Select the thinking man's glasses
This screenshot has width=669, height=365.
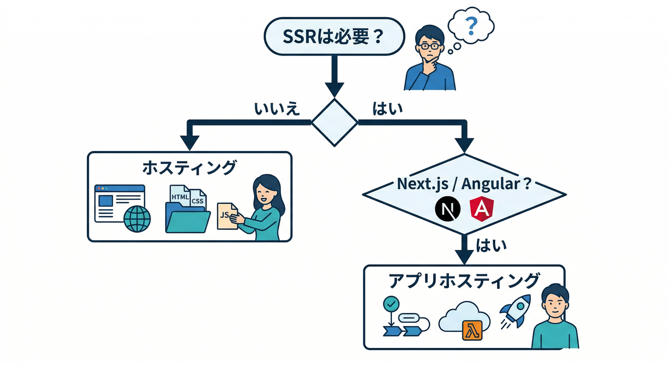pos(430,47)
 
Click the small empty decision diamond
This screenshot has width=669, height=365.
pos(334,122)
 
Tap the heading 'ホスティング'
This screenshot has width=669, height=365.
pos(189,167)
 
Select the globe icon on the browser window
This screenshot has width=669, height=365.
pos(137,219)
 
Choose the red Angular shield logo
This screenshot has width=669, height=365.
pos(480,210)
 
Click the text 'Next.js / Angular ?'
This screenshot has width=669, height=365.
pos(463,184)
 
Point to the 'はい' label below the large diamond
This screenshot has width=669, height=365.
pos(491,245)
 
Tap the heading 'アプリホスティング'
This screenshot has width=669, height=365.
pos(464,280)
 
